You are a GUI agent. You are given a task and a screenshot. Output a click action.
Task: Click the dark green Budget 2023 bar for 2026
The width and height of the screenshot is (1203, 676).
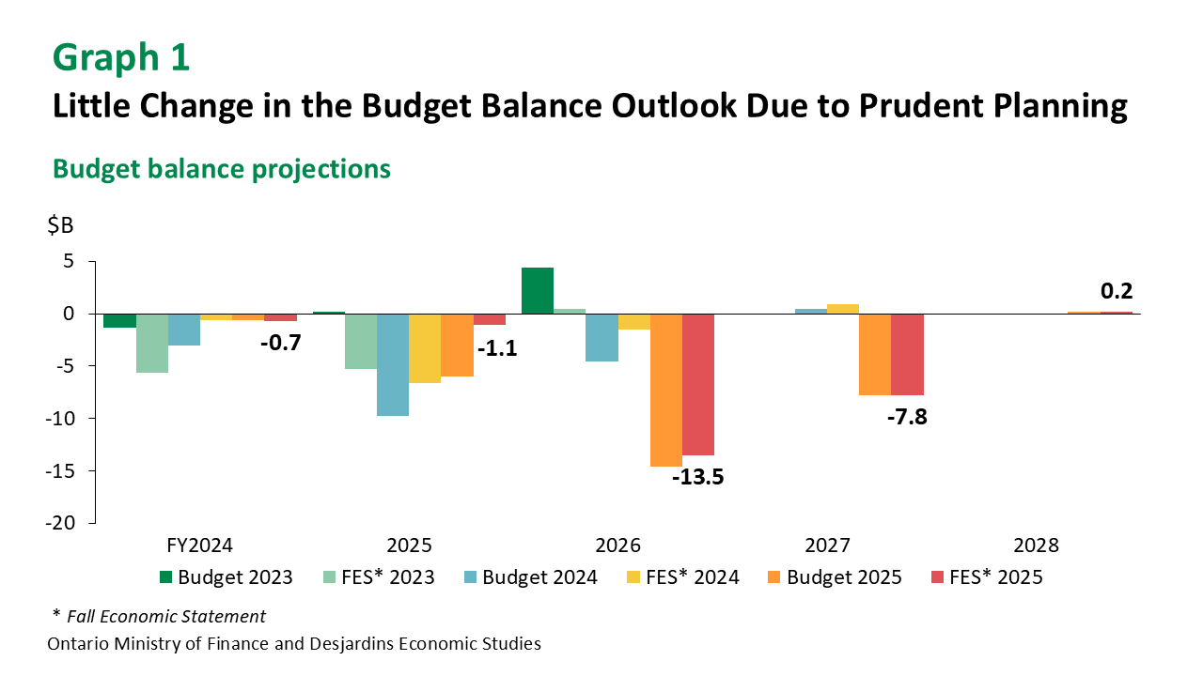[538, 290]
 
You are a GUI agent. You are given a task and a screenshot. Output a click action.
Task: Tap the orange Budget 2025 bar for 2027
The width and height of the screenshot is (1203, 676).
[875, 354]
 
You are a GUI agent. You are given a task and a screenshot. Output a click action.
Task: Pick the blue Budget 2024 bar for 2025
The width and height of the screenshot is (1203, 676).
[393, 364]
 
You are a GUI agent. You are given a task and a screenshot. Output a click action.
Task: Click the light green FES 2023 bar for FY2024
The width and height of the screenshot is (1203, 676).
[152, 343]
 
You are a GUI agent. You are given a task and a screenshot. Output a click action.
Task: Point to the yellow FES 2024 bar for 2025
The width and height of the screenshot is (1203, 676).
[425, 348]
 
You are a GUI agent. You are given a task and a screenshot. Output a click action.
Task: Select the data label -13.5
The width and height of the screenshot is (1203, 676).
[698, 476]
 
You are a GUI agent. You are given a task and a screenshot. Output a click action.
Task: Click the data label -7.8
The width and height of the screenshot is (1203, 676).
[907, 417]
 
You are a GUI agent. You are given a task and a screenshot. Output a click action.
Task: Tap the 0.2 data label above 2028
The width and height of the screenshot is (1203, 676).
[1117, 291]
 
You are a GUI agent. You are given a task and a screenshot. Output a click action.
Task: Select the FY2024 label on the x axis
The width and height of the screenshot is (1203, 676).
[199, 545]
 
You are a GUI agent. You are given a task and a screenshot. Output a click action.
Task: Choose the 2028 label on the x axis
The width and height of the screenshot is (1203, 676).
[1036, 545]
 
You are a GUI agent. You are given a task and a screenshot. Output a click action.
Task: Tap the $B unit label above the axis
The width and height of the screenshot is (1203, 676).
[60, 226]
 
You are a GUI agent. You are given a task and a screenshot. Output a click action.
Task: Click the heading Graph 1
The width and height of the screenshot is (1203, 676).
[121, 57]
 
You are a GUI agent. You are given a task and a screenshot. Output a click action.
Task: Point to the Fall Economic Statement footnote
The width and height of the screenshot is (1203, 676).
[165, 617]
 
